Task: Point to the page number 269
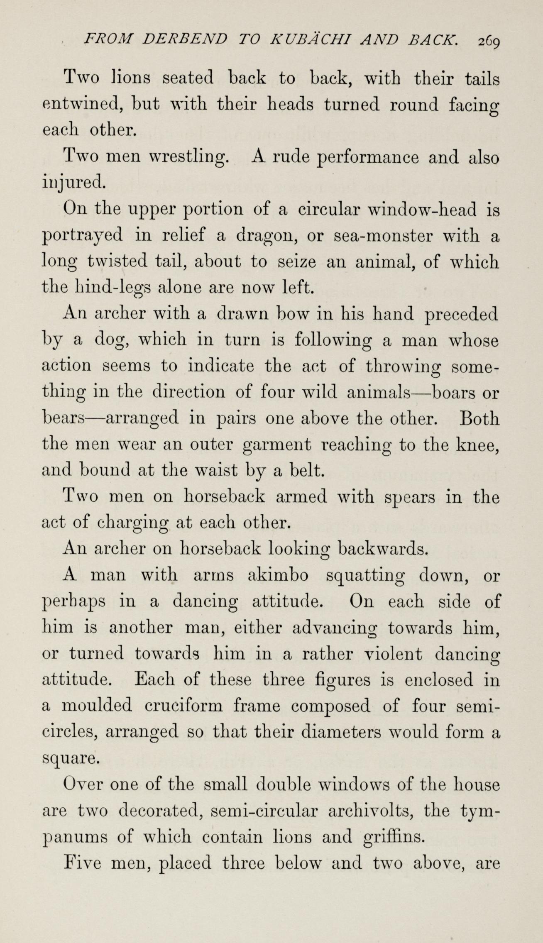[x=490, y=41]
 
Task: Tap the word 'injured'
[x=73, y=183]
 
